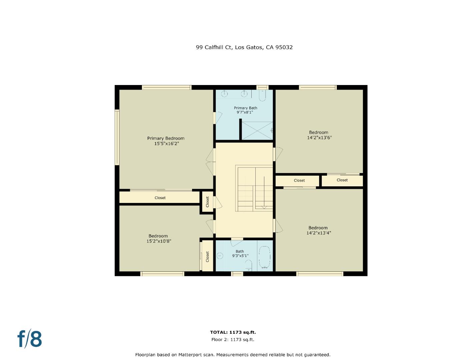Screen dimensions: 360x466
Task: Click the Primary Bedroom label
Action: click(166, 138)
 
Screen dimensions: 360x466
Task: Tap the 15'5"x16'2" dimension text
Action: click(166, 144)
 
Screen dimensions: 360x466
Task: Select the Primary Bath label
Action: click(245, 108)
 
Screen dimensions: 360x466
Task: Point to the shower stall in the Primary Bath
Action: click(257, 130)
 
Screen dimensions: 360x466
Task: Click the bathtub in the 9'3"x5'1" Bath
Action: click(265, 257)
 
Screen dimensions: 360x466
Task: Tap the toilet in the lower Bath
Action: click(248, 265)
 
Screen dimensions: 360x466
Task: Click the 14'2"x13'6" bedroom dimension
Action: click(319, 138)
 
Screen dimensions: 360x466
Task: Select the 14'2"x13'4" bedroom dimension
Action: click(318, 233)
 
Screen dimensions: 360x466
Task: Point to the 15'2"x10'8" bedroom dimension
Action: click(159, 241)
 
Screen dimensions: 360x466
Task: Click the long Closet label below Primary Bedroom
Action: click(160, 198)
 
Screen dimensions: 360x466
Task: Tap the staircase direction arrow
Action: click(264, 193)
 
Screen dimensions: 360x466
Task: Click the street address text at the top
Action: click(244, 47)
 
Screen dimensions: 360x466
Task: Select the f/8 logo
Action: click(30, 339)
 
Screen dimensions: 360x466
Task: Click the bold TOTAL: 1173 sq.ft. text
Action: click(233, 332)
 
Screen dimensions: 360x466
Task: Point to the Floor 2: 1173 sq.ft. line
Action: click(233, 340)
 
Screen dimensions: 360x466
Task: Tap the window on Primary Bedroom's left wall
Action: click(117, 137)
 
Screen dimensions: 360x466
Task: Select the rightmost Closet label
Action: click(342, 180)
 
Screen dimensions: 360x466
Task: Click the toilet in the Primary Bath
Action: click(262, 96)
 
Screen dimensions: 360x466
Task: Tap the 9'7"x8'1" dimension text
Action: click(245, 113)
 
